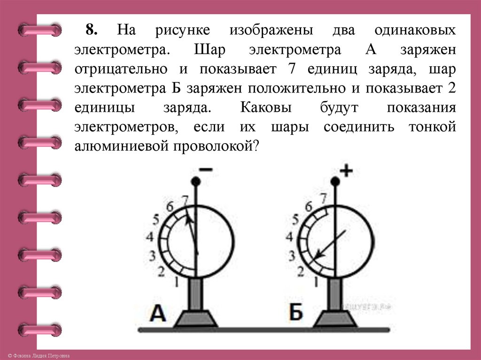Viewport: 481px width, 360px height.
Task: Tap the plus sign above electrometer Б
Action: pyautogui.click(x=346, y=171)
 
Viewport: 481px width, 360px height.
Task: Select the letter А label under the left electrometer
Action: pyautogui.click(x=157, y=313)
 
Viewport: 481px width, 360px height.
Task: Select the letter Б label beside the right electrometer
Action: pyautogui.click(x=295, y=313)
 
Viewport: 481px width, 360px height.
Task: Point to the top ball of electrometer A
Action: pyautogui.click(x=196, y=181)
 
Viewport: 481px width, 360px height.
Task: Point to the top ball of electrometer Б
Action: pyautogui.click(x=335, y=181)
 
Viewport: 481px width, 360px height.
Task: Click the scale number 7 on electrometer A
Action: pyautogui.click(x=185, y=199)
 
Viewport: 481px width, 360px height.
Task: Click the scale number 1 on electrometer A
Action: pyautogui.click(x=176, y=282)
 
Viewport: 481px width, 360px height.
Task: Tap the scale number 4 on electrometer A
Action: pyautogui.click(x=150, y=237)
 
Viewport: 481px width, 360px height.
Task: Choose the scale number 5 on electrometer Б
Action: pyautogui.click(x=295, y=219)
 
